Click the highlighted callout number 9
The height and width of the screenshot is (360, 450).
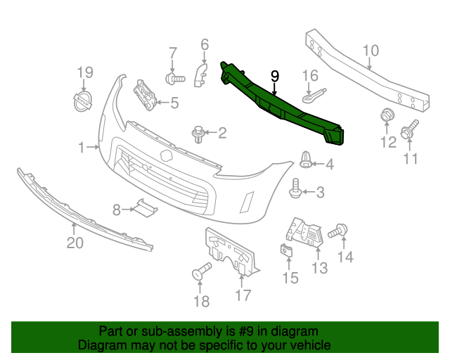coord(275,75)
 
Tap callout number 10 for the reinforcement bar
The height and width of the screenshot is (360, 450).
coord(371,50)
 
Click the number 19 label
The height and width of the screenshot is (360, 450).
coord(84,72)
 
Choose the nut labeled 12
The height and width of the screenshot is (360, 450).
coord(386,116)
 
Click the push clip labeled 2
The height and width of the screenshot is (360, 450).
coord(200,131)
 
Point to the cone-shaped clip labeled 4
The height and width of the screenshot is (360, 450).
coord(306,160)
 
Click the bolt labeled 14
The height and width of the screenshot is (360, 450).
coord(338,229)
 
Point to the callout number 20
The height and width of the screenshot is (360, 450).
coord(75,243)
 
